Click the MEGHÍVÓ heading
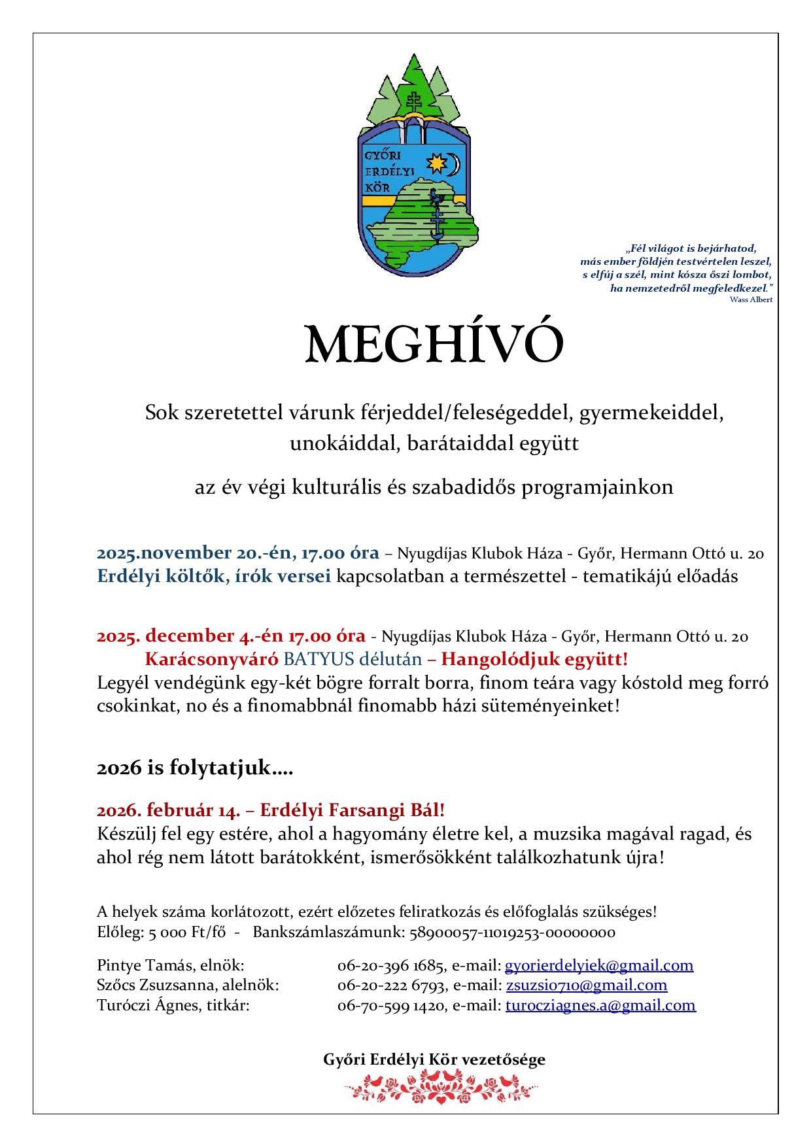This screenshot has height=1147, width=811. click(434, 345)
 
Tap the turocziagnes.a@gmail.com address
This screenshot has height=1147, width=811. click(600, 1005)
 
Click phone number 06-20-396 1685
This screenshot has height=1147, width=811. click(392, 965)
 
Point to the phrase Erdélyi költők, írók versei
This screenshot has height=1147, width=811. click(214, 577)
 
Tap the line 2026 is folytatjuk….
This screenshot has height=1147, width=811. click(194, 768)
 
